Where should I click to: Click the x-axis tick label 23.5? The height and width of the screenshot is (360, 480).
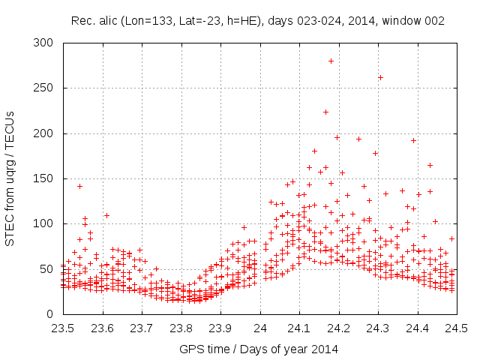point(62,328)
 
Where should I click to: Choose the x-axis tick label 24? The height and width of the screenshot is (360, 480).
point(259,328)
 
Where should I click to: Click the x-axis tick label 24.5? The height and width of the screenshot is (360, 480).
point(457,328)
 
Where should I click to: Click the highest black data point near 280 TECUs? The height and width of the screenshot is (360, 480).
point(331,61)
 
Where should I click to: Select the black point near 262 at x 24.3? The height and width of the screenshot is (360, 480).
point(380,77)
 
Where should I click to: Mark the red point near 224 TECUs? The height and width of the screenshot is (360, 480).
point(325,112)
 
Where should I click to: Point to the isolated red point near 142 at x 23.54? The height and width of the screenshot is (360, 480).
point(79,186)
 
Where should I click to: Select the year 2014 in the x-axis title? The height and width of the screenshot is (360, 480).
point(327,349)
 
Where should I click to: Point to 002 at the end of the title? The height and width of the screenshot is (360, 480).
point(435,22)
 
